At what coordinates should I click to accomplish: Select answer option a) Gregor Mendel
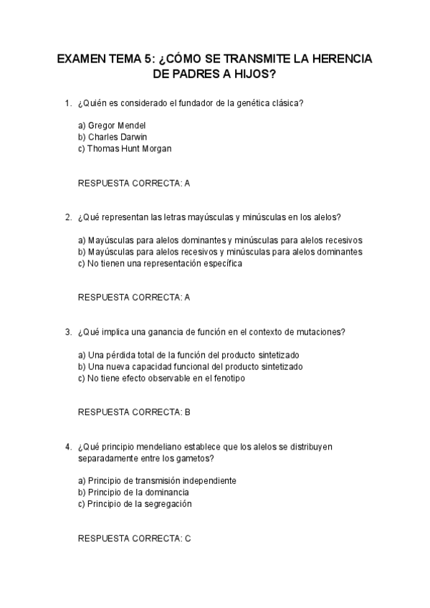(112, 125)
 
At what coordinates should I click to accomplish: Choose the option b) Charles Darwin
(113, 137)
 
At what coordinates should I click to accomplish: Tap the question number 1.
(68, 104)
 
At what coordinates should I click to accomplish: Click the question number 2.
(68, 217)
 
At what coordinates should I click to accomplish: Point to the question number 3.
(68, 332)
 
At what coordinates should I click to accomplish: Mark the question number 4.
(68, 446)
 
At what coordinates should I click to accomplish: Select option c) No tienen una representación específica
(160, 263)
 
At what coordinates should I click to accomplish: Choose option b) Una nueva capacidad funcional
(190, 366)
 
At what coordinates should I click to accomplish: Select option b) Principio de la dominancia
(133, 492)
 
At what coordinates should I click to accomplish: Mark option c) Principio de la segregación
(135, 503)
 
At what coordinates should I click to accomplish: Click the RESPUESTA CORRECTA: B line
(134, 412)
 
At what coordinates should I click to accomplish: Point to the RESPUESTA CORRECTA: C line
(134, 538)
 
